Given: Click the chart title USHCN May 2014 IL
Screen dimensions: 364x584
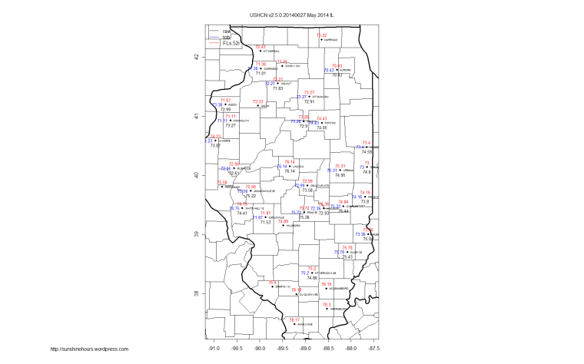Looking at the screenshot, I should (291, 15).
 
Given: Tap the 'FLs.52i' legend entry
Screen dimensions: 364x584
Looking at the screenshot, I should (231, 45).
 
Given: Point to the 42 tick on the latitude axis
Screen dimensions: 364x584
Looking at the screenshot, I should (197, 57).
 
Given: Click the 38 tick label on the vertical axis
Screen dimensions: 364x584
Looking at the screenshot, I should (197, 293).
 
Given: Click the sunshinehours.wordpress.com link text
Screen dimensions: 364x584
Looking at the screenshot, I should (89, 349).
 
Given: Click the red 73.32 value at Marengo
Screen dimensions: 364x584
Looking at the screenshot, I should (321, 35).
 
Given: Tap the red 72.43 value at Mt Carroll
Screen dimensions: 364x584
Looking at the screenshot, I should (260, 47).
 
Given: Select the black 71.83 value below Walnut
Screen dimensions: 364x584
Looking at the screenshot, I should (278, 88).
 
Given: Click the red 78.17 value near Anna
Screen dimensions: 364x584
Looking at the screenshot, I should (292, 319).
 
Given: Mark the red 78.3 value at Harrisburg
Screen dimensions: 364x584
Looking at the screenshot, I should (327, 305).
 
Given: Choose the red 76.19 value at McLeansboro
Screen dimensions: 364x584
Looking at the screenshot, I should (326, 284).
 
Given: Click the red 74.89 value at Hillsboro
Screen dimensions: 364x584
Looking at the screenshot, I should (282, 221).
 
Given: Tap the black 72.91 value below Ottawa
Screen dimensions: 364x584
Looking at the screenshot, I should (309, 101).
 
